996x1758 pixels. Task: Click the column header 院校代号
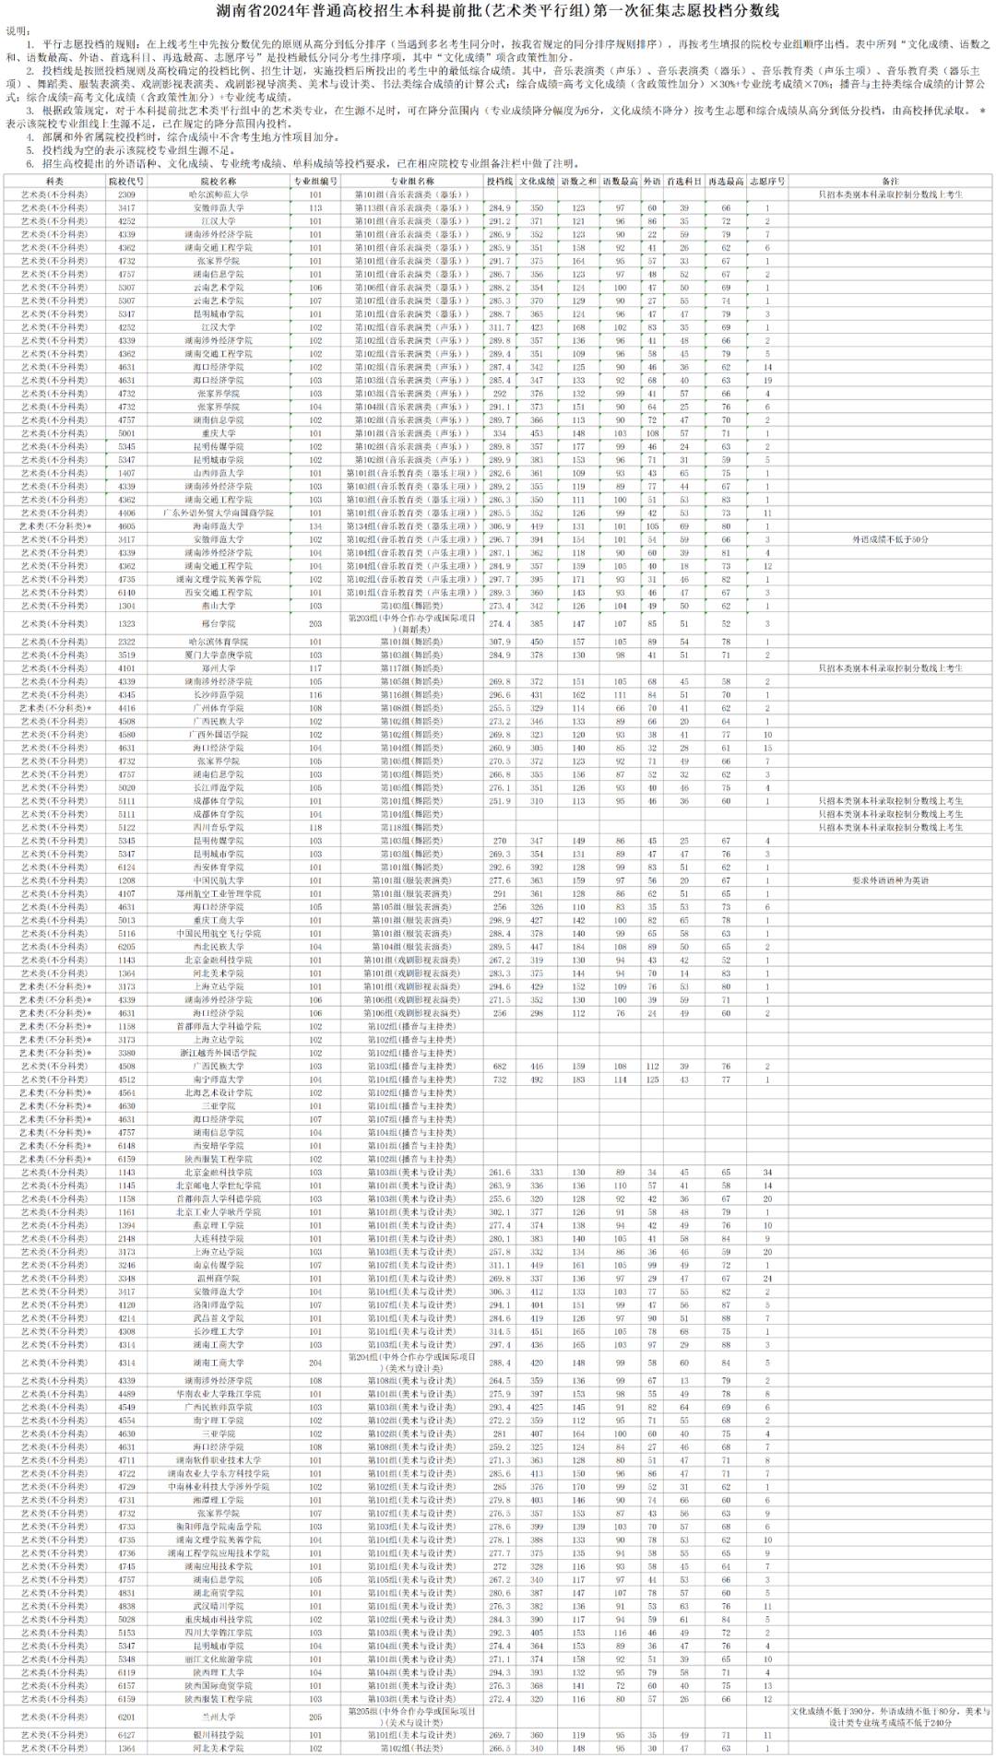click(126, 182)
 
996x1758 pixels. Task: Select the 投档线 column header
click(499, 182)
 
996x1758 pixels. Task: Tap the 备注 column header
click(890, 182)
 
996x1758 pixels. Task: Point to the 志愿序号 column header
click(767, 182)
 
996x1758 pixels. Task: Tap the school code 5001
click(126, 433)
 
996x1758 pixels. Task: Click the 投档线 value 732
click(499, 1080)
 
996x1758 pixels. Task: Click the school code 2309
click(126, 195)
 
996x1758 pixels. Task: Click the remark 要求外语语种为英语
click(890, 880)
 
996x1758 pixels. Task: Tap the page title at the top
click(498, 12)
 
